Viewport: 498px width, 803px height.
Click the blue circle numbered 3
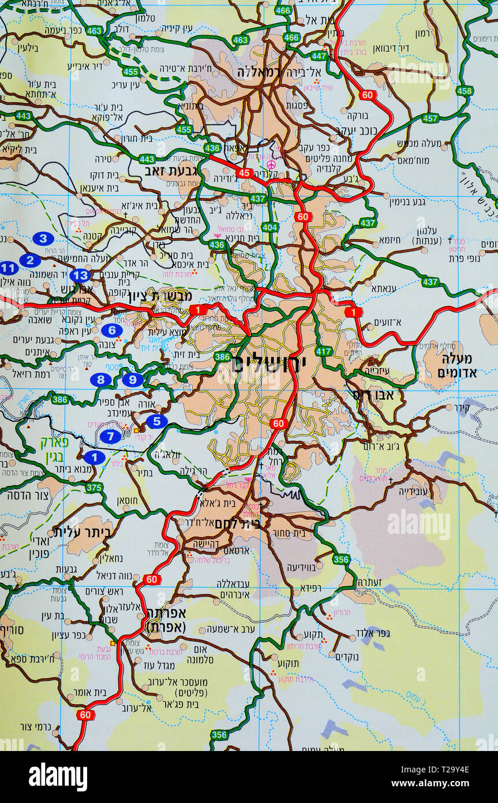pos(43,238)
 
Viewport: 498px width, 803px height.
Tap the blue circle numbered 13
pos(80,276)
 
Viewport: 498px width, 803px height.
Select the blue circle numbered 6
pos(111,330)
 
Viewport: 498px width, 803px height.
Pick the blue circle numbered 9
pos(133,380)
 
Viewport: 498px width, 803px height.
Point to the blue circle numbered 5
pos(156,422)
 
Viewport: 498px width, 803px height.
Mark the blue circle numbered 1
pos(94,458)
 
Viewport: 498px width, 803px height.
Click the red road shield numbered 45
pos(244,173)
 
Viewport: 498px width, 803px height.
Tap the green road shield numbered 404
pos(269,227)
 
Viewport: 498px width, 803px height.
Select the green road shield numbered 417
pos(324,351)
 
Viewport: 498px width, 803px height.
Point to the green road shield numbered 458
pos(464,91)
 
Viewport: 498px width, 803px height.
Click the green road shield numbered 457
pos(430,118)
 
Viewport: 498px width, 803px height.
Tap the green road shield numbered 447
pos(319,56)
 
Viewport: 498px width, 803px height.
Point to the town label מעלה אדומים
pos(459,365)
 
